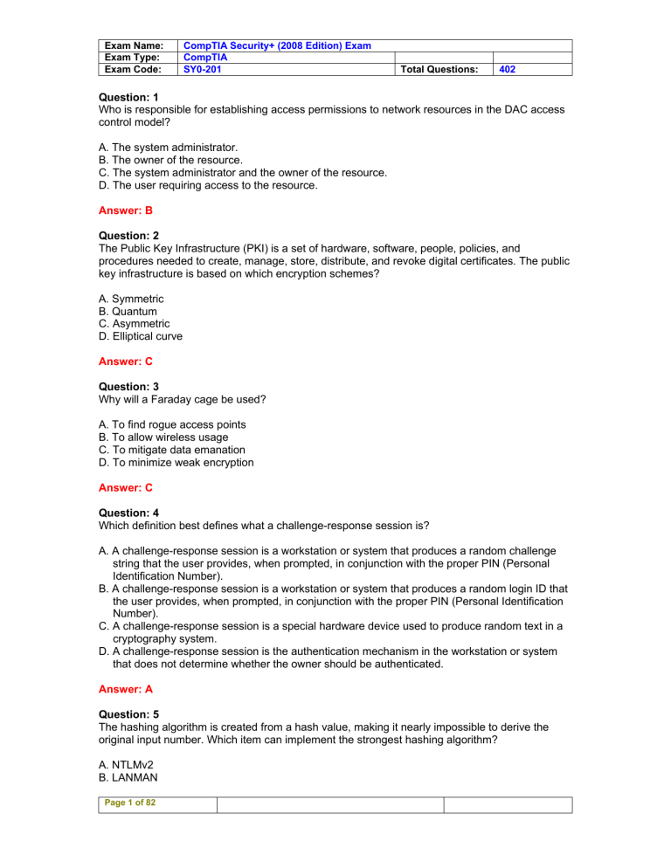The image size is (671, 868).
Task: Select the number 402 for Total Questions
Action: (508, 68)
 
